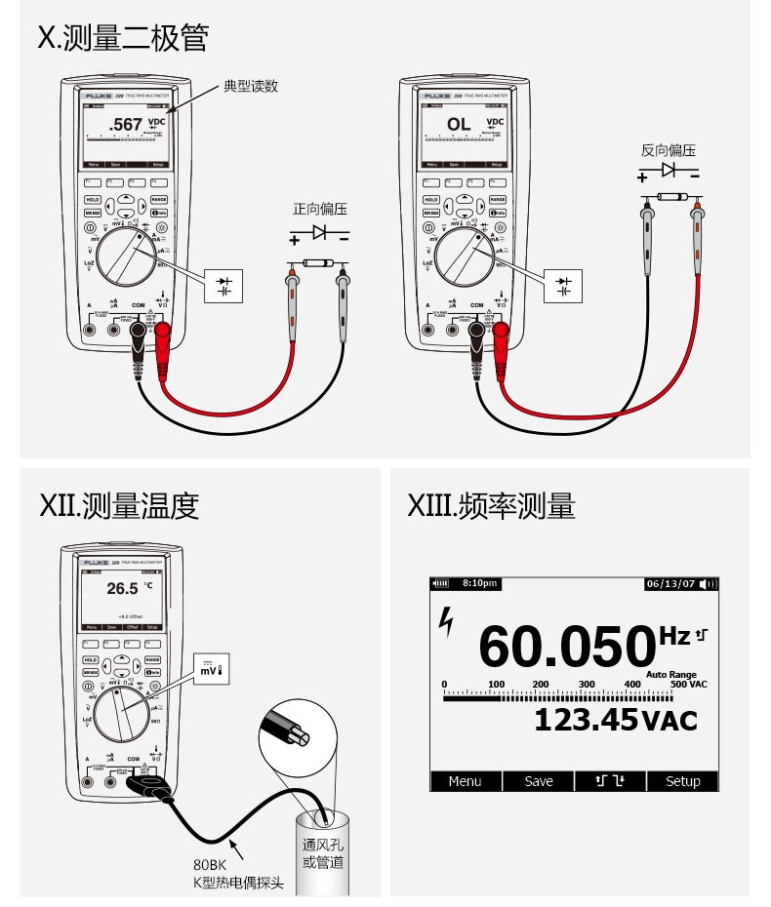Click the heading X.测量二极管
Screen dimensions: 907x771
(123, 38)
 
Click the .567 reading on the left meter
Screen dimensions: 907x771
(125, 125)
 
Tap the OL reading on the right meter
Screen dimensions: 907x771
(459, 125)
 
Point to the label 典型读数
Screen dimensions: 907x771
(251, 86)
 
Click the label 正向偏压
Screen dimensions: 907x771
(320, 209)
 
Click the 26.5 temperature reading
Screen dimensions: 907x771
(122, 588)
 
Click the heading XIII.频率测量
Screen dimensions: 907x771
(491, 506)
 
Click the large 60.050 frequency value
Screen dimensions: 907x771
(565, 645)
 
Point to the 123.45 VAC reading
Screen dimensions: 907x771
(615, 720)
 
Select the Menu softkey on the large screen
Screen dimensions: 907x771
(466, 781)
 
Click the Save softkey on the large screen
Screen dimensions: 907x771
(539, 781)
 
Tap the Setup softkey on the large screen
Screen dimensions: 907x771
(683, 781)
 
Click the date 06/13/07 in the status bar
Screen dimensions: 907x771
(670, 583)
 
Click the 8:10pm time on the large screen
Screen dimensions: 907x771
(479, 583)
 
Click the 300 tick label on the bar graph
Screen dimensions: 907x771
(587, 685)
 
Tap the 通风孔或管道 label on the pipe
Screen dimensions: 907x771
(322, 853)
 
